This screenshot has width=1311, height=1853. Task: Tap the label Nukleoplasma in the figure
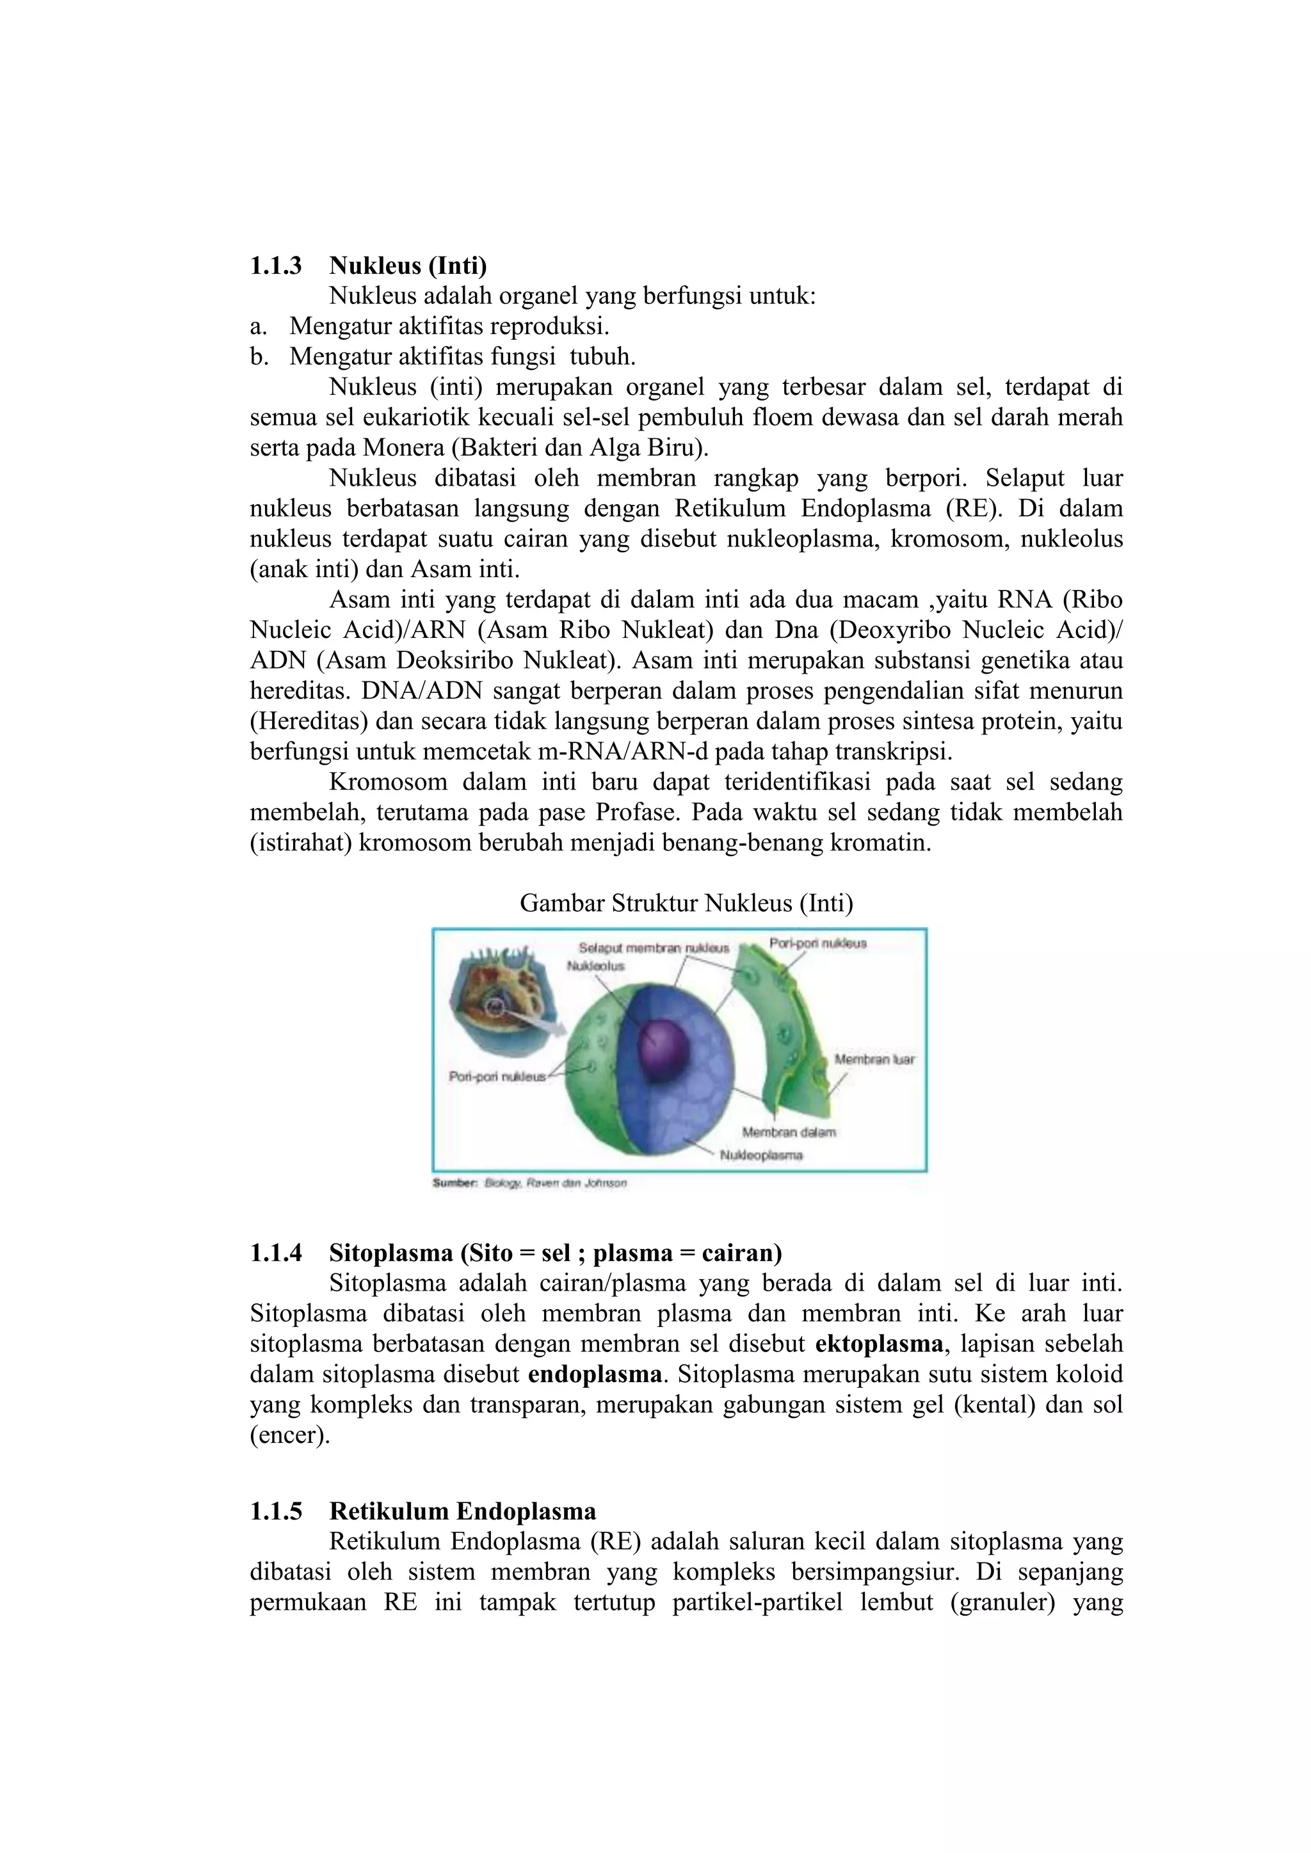761,1155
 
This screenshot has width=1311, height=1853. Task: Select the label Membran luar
874,1059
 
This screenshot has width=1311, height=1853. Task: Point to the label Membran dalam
789,1133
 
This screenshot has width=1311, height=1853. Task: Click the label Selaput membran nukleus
653,948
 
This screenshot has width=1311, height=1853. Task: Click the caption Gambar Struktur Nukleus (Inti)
686,903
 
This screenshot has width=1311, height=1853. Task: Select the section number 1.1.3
275,266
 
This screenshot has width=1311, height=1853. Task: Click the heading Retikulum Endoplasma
463,1511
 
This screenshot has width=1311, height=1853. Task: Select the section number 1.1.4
275,1253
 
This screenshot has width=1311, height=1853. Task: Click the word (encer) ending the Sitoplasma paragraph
290,1435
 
